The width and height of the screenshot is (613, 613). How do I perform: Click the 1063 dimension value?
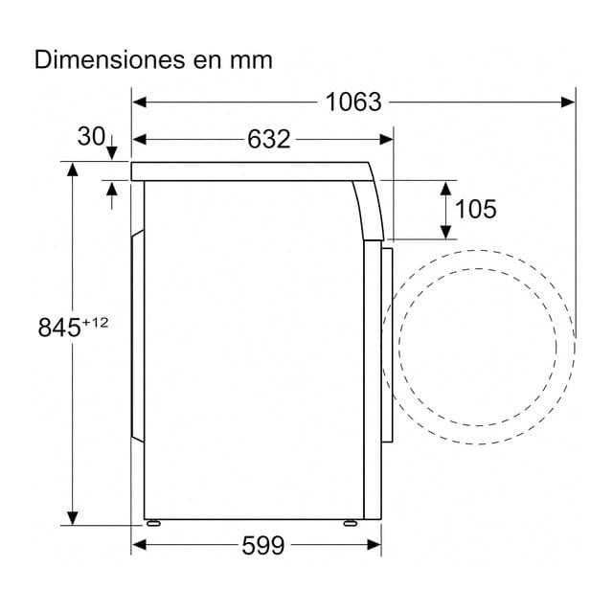(x=353, y=102)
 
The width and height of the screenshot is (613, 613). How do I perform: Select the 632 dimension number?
(x=268, y=139)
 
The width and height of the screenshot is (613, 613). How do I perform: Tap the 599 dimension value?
(x=263, y=545)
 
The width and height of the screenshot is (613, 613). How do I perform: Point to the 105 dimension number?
(x=476, y=209)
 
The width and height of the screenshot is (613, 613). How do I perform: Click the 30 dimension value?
(x=91, y=136)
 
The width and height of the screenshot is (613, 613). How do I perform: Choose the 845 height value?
(x=59, y=328)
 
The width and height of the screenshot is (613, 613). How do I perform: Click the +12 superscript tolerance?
(x=95, y=323)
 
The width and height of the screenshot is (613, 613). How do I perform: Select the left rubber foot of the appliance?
(x=153, y=523)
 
